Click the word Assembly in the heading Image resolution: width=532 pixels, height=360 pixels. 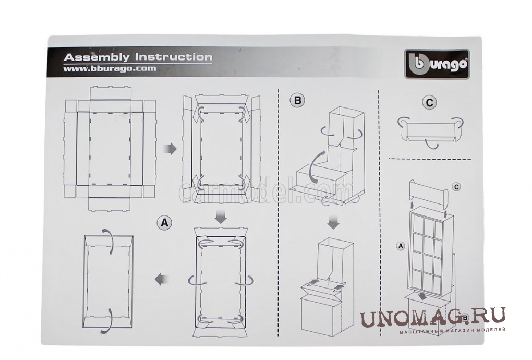96,57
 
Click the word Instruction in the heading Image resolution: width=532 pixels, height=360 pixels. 173,56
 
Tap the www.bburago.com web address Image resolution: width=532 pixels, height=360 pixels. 110,68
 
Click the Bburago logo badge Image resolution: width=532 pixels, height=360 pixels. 437,64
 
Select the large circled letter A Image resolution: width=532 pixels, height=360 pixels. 164,223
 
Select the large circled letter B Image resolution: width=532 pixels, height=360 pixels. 297,100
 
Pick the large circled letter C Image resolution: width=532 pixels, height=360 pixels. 430,102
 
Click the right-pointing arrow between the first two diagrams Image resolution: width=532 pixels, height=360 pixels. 171,149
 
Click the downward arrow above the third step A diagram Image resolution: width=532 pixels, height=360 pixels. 221,218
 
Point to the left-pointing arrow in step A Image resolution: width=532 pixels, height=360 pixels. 162,279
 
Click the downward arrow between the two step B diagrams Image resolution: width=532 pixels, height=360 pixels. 334,222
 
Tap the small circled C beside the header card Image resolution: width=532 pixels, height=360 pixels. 456,187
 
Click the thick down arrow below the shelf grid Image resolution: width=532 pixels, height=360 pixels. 422,296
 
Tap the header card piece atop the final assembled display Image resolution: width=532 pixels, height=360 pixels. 429,193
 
